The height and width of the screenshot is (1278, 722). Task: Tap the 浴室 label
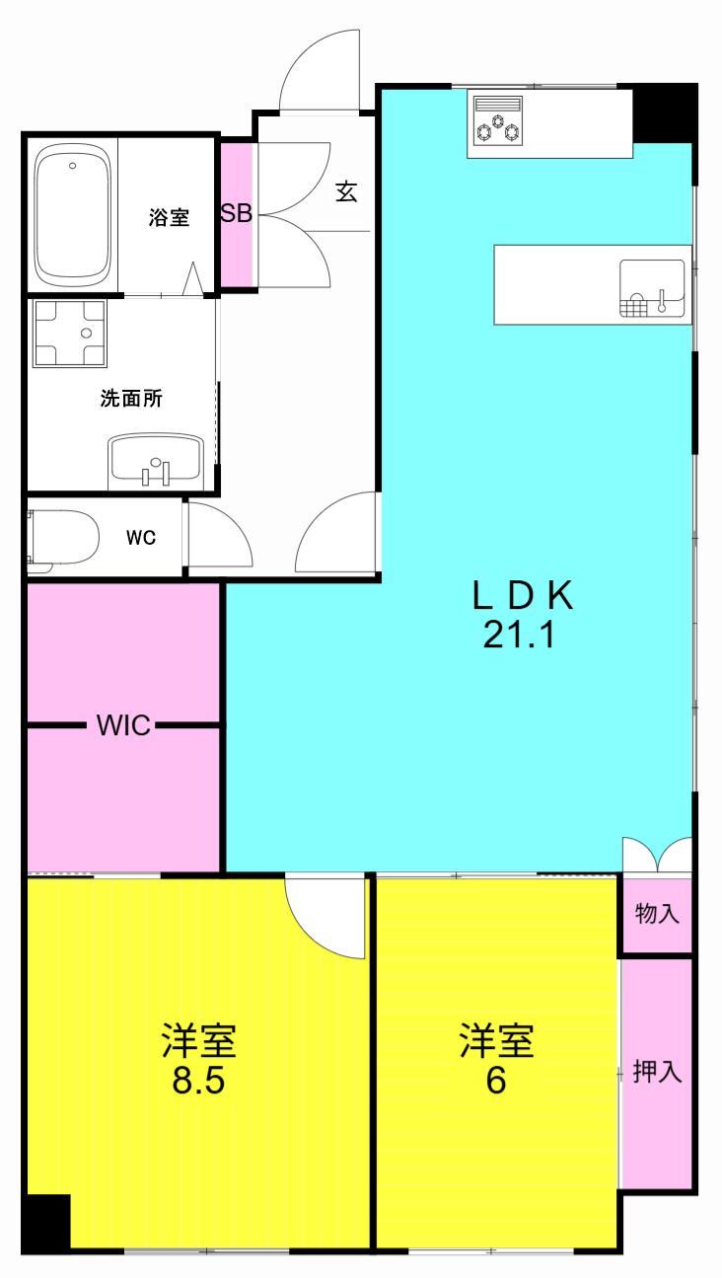tap(169, 218)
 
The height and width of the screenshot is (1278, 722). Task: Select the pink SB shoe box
tap(237, 215)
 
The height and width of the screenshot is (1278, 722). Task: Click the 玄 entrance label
tap(346, 191)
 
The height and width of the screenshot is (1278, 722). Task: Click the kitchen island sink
tap(651, 287)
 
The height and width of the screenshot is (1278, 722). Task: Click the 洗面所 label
tap(131, 399)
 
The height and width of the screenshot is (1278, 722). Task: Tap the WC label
tap(140, 538)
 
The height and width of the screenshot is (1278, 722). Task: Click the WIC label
tap(123, 726)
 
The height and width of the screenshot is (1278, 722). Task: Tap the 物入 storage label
tap(656, 914)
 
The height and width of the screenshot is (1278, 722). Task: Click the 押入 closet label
tap(657, 1073)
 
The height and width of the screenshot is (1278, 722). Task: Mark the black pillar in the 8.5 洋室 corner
tap(45, 1223)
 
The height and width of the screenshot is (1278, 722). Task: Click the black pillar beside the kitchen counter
tap(663, 113)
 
